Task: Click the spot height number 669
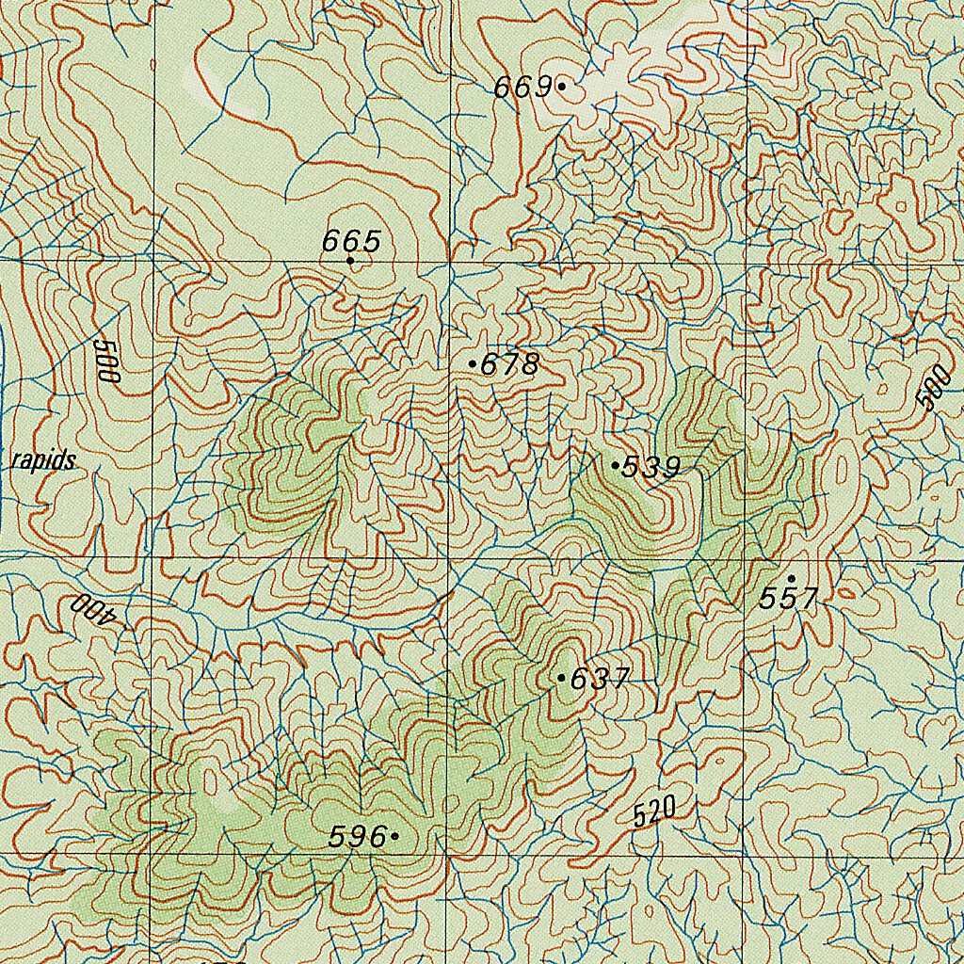tap(522, 88)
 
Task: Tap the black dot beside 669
tap(562, 86)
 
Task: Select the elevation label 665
tap(351, 242)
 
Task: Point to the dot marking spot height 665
tap(350, 261)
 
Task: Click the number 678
tap(510, 364)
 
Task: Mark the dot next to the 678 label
tap(472, 362)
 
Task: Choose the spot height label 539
tap(651, 467)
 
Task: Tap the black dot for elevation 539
tap(615, 465)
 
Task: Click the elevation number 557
tap(789, 599)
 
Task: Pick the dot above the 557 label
tap(791, 578)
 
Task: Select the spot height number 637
tap(600, 679)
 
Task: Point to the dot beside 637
tap(561, 677)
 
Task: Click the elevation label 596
tap(358, 837)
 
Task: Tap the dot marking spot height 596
tap(394, 835)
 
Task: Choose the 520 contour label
tap(655, 811)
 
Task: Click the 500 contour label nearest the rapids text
tap(108, 359)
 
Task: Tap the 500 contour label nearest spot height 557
tap(933, 388)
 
